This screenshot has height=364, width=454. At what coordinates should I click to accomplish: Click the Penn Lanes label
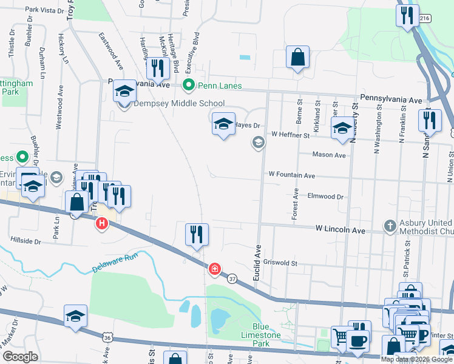219,86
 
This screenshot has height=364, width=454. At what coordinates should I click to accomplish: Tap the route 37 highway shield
231,278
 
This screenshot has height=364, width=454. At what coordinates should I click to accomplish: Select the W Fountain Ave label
293,175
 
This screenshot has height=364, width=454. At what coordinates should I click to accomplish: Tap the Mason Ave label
328,155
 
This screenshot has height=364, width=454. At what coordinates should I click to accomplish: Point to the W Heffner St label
290,134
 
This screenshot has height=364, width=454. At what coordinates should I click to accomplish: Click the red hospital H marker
102,224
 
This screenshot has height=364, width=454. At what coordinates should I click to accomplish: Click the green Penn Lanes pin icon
189,85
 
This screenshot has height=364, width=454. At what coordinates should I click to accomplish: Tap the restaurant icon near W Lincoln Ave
196,234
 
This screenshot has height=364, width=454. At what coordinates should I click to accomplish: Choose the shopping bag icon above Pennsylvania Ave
297,58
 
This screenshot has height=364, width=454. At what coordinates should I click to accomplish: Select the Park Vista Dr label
44,10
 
